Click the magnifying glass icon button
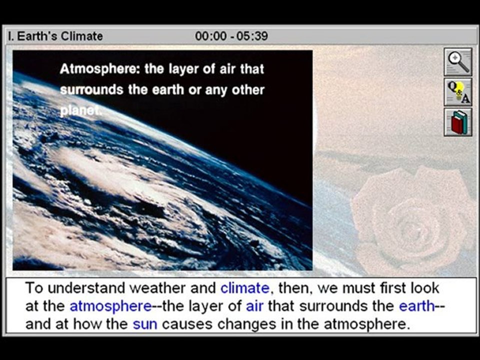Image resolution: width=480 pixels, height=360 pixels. click(x=457, y=62)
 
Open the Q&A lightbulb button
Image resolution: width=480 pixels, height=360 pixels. click(x=457, y=92)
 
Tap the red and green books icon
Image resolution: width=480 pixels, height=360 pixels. click(x=457, y=122)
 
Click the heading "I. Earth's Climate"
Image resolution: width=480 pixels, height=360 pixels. click(x=55, y=36)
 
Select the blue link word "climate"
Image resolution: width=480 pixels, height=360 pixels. click(x=244, y=288)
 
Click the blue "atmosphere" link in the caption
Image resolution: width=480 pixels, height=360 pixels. click(x=110, y=306)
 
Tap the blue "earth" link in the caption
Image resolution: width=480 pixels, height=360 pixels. click(x=416, y=306)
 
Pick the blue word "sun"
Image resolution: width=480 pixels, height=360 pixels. click(x=145, y=324)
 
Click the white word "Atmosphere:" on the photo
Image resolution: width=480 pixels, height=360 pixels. click(x=99, y=69)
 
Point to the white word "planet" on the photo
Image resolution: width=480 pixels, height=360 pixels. click(x=79, y=111)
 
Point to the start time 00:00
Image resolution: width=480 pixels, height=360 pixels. click(x=210, y=36)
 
